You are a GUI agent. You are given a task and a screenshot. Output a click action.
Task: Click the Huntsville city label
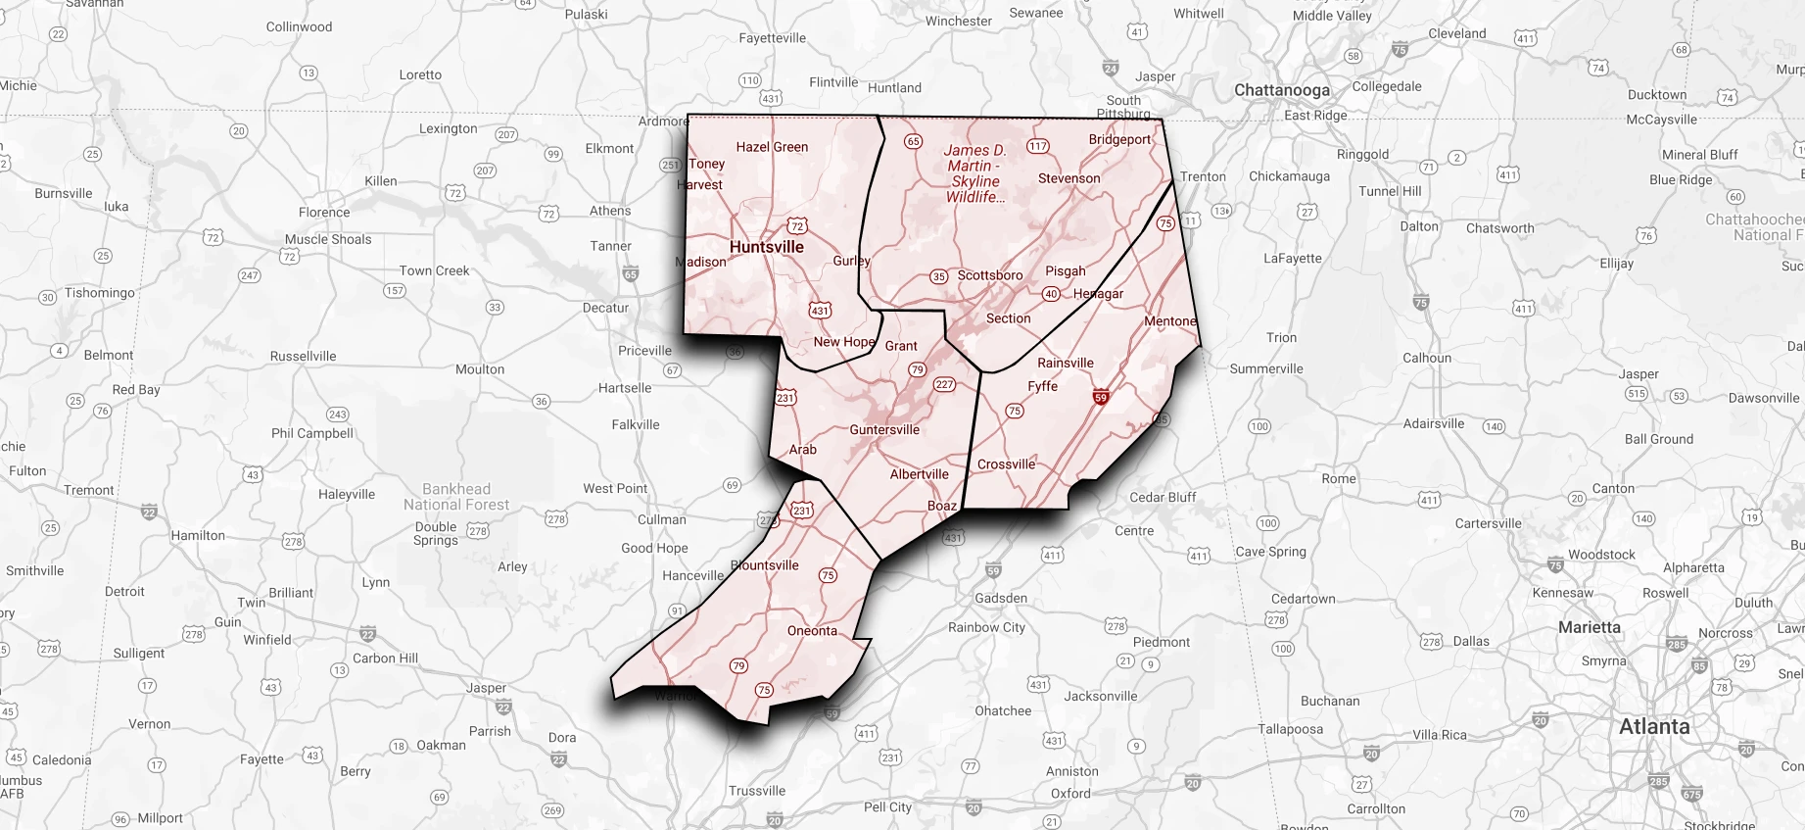pos(766,247)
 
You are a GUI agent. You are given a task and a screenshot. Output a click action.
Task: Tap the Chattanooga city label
pos(1281,90)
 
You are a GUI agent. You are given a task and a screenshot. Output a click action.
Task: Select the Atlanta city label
pos(1653,726)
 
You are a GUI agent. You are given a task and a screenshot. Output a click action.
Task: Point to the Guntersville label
pos(884,429)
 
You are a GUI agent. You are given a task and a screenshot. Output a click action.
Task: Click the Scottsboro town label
pos(989,275)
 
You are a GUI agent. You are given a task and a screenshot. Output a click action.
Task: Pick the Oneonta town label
pos(812,630)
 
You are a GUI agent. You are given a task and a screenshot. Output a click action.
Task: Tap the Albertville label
pos(919,474)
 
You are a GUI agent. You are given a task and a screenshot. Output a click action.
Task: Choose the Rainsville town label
pos(1065,363)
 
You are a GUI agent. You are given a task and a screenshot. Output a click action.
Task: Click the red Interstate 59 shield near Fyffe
pos(1101,397)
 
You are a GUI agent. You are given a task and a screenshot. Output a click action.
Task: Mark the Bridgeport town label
pos(1119,139)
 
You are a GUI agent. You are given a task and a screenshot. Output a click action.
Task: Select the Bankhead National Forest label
pos(456,497)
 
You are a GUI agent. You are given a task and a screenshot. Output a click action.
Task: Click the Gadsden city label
pos(1001,598)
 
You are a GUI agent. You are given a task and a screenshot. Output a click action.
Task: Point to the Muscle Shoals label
pos(328,239)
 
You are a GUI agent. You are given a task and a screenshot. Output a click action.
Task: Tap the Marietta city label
pos(1589,627)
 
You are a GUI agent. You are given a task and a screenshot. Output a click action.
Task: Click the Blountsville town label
pos(765,565)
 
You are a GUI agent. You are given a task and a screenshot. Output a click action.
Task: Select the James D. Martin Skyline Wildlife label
pos(974,173)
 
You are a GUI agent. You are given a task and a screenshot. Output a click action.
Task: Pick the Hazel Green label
pos(772,147)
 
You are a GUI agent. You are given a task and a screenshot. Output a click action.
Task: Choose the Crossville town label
pos(1006,464)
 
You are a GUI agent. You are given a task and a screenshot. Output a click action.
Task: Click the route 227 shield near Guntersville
pos(944,384)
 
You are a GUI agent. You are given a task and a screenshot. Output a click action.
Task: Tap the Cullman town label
pos(662,519)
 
